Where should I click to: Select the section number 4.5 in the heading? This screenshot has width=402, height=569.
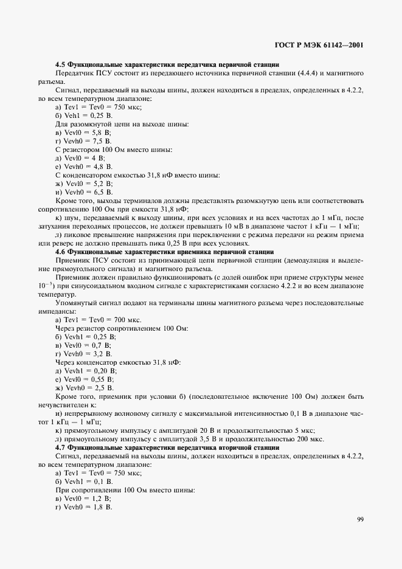coord(60,64)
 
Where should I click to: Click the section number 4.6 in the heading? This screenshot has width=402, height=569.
coord(60,251)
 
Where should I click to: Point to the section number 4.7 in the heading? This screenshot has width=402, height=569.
coord(60,447)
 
